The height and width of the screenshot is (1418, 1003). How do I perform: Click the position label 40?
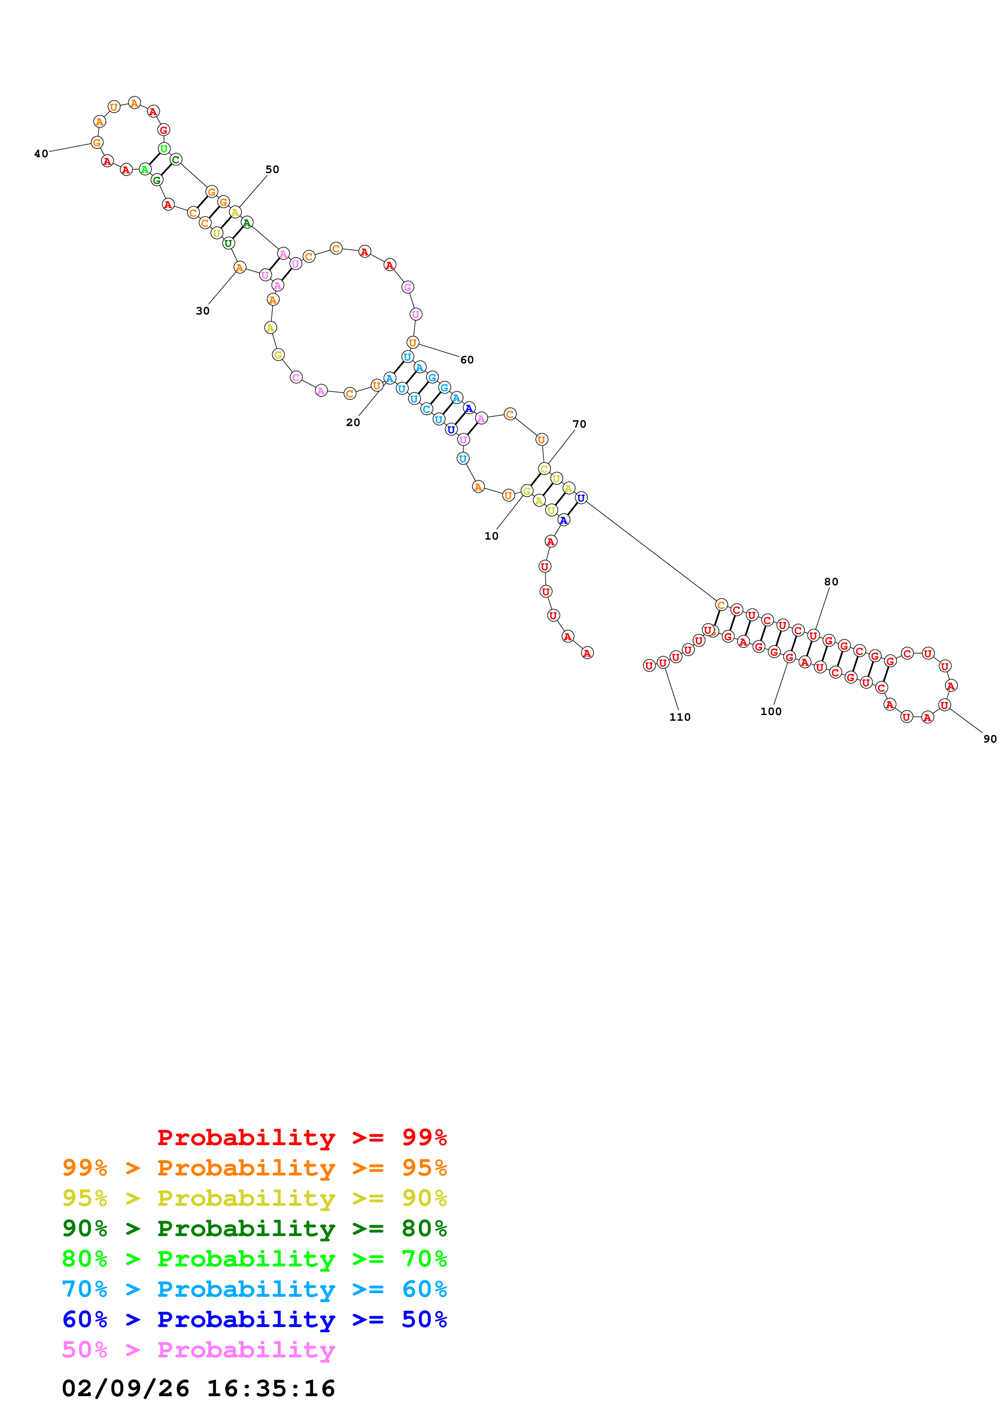[x=41, y=154]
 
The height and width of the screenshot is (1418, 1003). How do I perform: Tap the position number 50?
[x=272, y=169]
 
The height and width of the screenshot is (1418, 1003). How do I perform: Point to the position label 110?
[x=679, y=717]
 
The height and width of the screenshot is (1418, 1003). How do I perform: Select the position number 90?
[x=989, y=739]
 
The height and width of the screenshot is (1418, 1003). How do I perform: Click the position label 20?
[x=352, y=422]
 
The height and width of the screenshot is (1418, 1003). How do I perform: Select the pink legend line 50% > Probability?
[x=198, y=1349]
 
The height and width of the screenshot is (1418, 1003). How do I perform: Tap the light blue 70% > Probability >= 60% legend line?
[x=254, y=1289]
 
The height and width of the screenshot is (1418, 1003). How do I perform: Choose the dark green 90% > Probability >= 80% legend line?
[x=254, y=1228]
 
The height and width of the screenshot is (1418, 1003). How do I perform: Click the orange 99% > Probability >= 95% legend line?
[x=254, y=1167]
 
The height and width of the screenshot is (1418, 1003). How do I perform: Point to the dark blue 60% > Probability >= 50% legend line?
[x=254, y=1319]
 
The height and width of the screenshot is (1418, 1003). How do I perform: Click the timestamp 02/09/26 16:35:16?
[x=198, y=1388]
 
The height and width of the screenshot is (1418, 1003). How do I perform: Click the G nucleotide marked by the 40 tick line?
[x=97, y=143]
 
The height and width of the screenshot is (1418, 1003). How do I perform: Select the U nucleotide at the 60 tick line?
[x=413, y=343]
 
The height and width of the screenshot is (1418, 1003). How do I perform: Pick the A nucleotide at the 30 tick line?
[x=240, y=268]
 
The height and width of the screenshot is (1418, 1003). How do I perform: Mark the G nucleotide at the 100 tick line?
[x=789, y=658]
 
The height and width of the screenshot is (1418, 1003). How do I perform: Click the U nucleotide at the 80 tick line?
[x=813, y=635]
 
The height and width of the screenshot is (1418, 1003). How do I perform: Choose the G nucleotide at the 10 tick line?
[x=526, y=491]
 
